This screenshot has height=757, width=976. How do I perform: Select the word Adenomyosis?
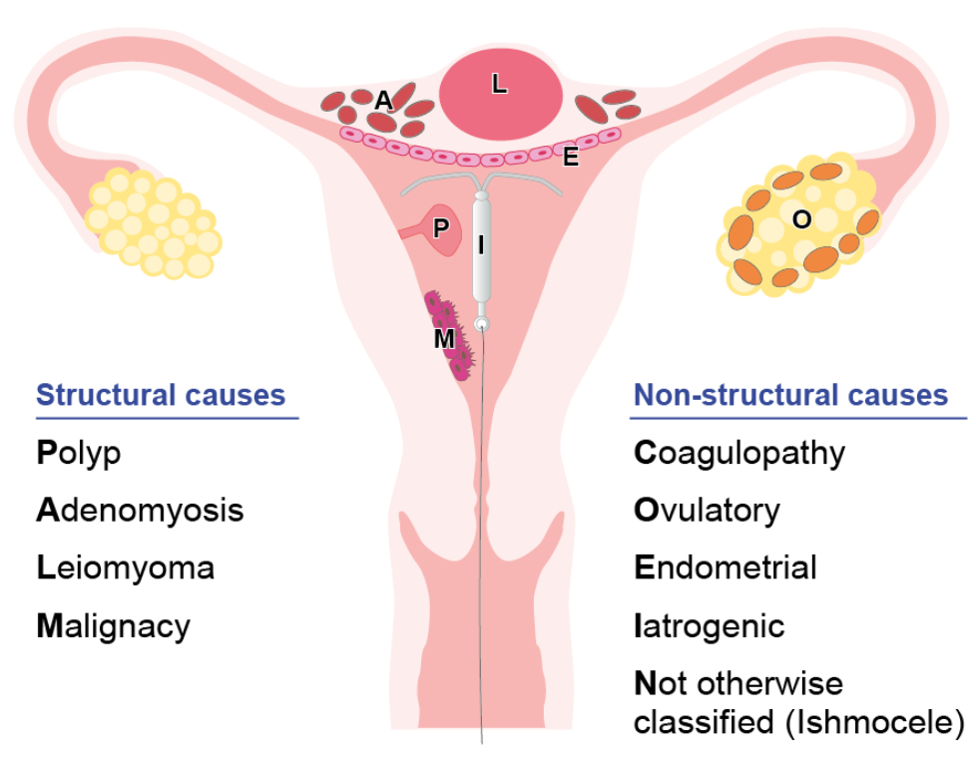coord(140,511)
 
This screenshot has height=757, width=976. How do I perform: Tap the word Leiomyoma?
coord(125,568)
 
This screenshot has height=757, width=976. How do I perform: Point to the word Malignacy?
coord(113,626)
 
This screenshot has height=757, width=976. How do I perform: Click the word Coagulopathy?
coord(739,454)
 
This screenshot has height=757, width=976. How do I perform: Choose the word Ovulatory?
coord(707,511)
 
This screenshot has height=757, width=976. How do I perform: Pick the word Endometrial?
coord(726,568)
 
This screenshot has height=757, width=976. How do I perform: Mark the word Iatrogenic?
coord(710,626)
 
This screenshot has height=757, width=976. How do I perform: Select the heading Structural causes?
coord(161,395)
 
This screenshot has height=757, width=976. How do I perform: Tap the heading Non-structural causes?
coord(790,395)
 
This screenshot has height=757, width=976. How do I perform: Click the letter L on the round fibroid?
coord(499,86)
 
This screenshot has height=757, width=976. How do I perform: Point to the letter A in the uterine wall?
coord(383,101)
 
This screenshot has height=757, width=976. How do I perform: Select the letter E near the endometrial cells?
coord(571,157)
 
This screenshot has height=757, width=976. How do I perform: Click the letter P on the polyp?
coord(440,228)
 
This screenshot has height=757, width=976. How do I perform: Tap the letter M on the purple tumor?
coord(444,339)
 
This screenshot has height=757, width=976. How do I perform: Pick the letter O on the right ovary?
coord(801,220)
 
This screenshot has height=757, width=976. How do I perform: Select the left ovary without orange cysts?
coord(153,222)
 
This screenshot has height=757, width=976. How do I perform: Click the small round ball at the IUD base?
coord(483,324)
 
